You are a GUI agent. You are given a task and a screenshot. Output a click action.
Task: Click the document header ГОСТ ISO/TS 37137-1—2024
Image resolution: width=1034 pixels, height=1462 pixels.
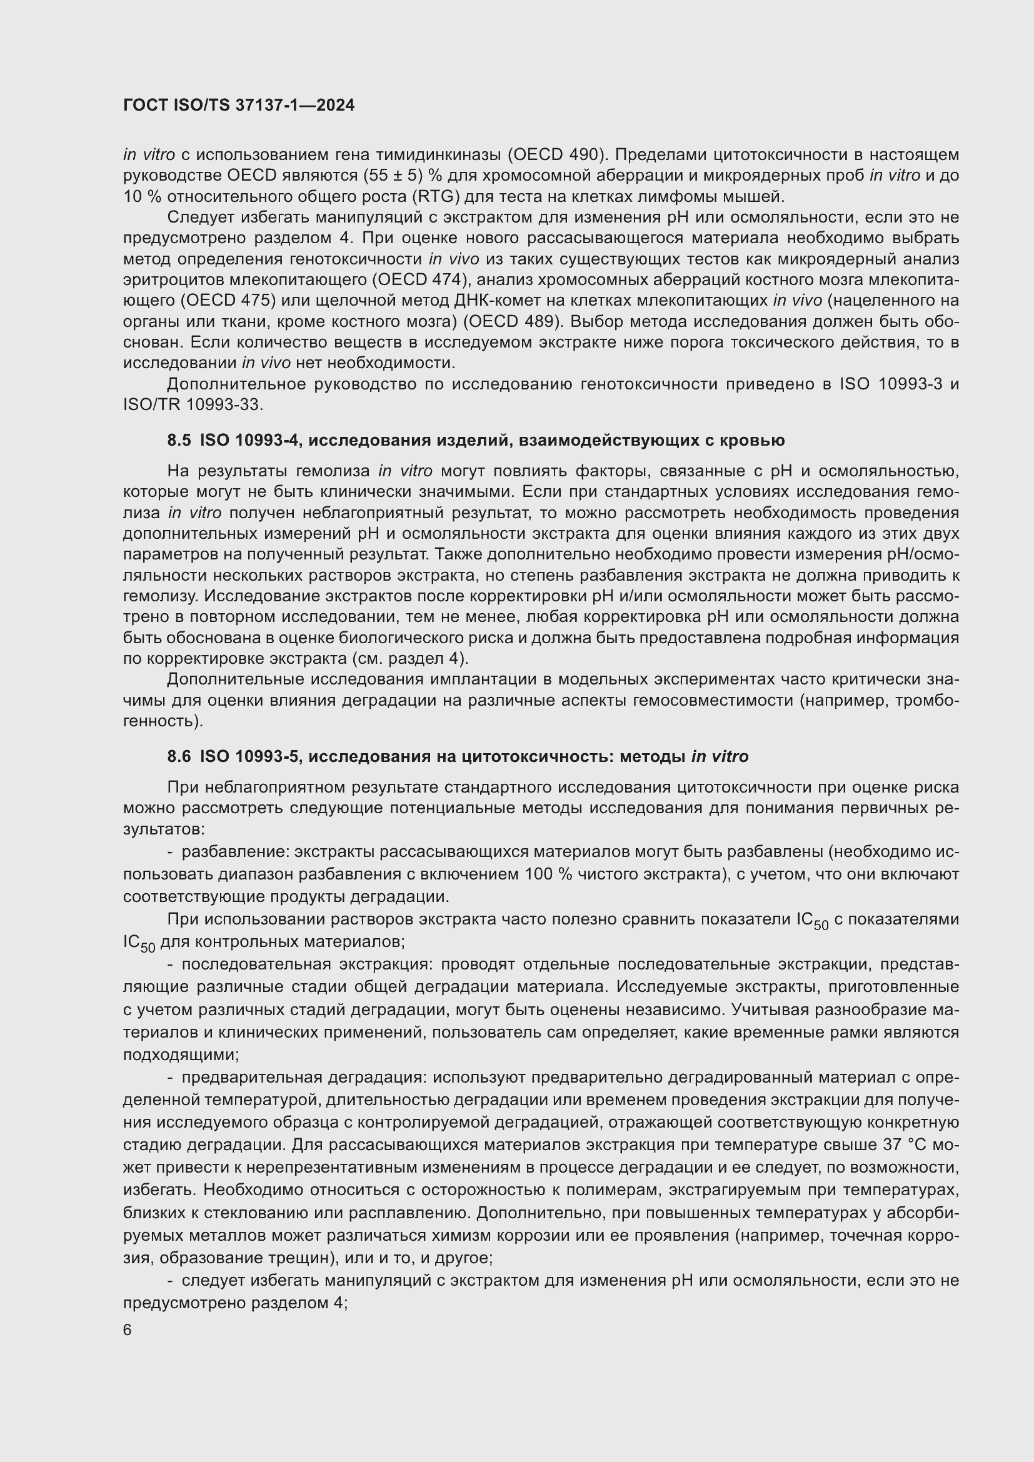point(239,106)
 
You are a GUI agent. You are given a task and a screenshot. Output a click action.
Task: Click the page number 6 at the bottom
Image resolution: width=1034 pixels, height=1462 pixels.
point(128,1330)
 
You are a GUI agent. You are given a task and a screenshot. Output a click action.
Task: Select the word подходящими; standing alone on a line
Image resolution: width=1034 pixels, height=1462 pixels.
point(181,1054)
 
